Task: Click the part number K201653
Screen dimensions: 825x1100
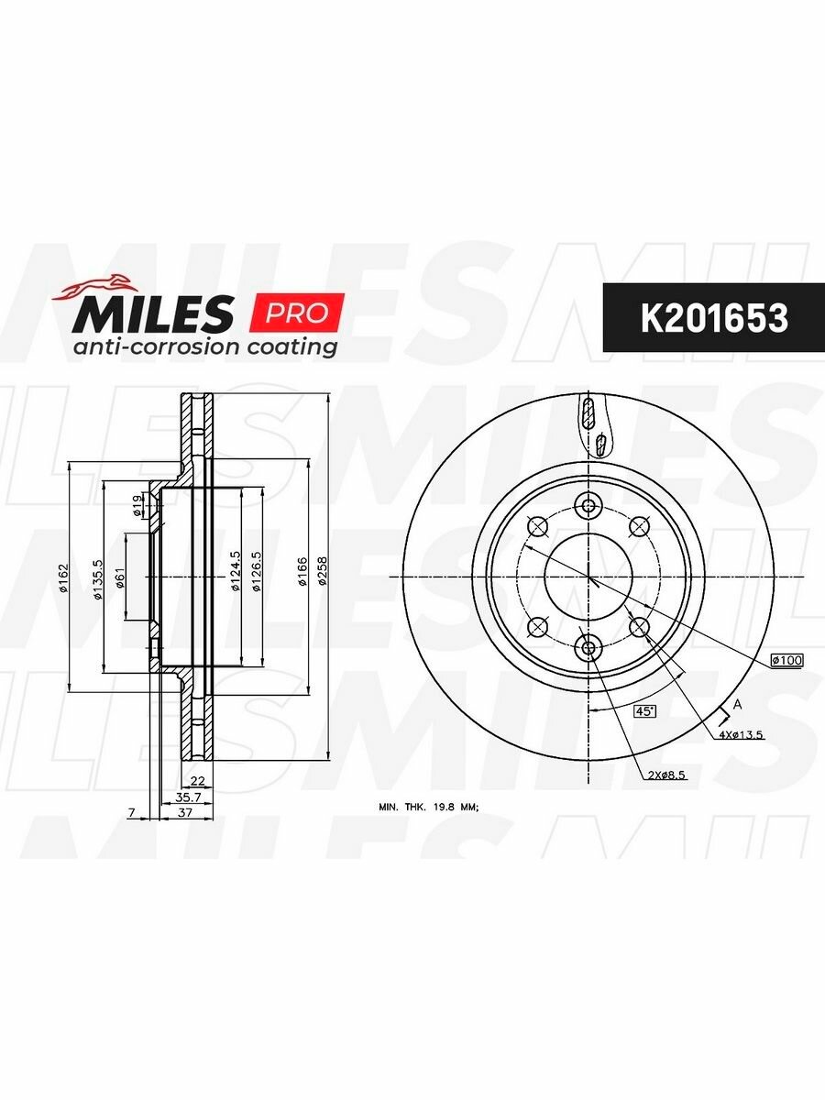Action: (x=714, y=319)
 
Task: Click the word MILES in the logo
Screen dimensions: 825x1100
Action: (x=153, y=313)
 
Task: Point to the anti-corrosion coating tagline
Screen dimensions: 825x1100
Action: (x=205, y=346)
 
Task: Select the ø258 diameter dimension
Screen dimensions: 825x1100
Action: (x=323, y=570)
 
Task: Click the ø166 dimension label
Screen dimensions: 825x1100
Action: (x=302, y=570)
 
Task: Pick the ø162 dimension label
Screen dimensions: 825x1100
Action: (x=63, y=577)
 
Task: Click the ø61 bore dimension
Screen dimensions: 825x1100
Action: (x=120, y=578)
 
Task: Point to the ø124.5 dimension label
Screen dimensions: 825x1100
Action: (x=236, y=572)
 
